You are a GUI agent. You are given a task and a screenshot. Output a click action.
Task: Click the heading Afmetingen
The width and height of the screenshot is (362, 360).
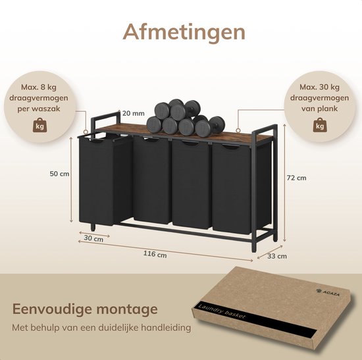184,32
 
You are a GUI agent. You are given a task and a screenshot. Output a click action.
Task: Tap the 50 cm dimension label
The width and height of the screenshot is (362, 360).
59,174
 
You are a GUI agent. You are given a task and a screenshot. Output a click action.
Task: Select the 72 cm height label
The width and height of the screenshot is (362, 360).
296,178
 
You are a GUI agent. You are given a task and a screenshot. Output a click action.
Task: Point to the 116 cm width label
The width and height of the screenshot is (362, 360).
155,254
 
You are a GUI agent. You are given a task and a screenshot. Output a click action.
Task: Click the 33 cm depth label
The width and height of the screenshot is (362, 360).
277,256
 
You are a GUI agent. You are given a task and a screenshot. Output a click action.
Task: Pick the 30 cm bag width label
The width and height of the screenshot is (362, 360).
93,238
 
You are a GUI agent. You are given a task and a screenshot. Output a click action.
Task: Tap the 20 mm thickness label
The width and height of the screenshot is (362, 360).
134,113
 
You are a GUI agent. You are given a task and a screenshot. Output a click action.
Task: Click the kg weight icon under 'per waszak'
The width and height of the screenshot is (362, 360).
39,125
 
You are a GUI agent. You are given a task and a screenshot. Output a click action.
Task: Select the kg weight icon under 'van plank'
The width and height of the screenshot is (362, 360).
320,125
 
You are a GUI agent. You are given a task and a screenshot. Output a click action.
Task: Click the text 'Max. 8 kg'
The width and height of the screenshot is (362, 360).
39,88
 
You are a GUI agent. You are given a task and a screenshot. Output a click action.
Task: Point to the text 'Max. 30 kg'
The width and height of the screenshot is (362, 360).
319,87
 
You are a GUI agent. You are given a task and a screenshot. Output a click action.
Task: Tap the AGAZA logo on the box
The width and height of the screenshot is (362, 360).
328,292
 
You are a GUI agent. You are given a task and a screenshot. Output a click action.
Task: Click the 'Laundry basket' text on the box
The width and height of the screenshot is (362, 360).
221,311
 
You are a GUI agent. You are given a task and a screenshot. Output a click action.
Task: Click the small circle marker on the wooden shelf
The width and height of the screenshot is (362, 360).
238,130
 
